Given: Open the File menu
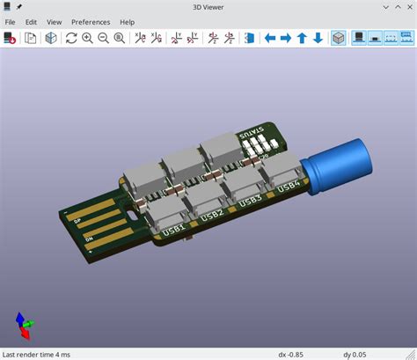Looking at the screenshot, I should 11,21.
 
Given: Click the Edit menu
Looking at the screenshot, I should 32,21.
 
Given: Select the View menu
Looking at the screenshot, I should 55,21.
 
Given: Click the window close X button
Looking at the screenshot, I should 406,6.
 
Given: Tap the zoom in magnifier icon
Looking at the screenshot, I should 87,38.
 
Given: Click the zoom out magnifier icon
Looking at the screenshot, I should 103,38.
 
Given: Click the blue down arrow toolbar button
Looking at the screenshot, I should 318,38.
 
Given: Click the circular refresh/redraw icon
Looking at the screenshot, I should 71,38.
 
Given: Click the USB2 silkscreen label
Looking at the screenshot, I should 212,215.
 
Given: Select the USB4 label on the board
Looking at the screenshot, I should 289,186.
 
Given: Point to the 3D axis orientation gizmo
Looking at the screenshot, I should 24,327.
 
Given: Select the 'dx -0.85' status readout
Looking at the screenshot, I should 291,354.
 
